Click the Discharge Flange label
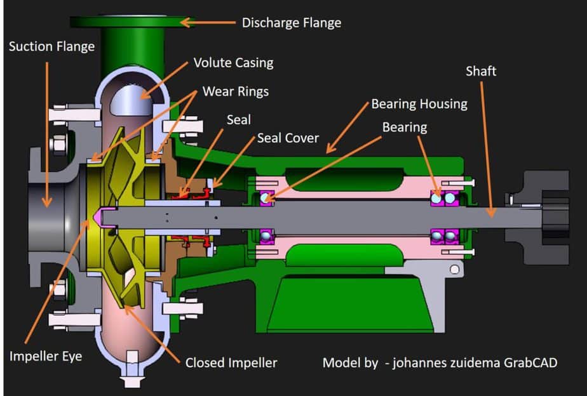coord(292,23)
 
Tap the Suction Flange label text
coord(51,47)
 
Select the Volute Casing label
coord(233,62)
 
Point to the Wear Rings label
coord(235,91)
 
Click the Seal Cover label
coord(288,137)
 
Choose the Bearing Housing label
coord(419,103)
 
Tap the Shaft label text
coord(481,71)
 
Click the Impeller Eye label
coord(45,356)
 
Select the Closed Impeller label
coord(231,363)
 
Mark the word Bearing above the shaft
coord(405,128)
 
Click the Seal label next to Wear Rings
coord(239,119)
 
